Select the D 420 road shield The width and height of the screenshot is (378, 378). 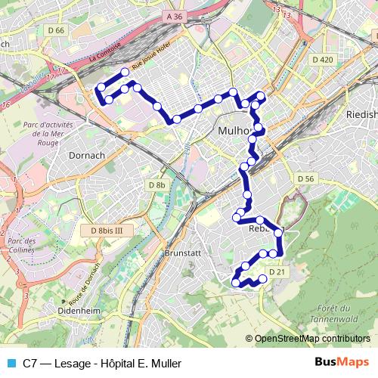(x=323, y=60)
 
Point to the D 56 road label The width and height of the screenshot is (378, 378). (x=305, y=178)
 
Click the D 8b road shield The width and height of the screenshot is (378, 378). (x=156, y=184)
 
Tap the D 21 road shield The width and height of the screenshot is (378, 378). (x=276, y=271)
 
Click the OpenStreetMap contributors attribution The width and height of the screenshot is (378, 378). (x=311, y=338)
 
